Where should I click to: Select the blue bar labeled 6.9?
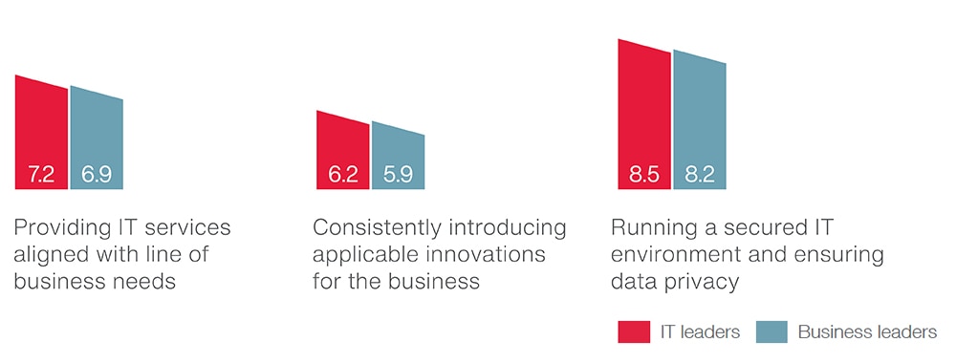(x=97, y=140)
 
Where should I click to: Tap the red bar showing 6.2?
(x=342, y=152)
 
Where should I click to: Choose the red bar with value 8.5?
(x=644, y=117)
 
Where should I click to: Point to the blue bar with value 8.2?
(x=700, y=122)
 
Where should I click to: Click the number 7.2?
(x=41, y=176)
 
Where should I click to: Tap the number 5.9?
(x=398, y=176)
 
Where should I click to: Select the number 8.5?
(x=644, y=176)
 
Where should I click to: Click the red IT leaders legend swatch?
(x=634, y=331)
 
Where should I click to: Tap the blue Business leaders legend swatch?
(x=771, y=331)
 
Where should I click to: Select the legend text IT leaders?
(x=700, y=331)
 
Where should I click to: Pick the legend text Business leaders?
(x=868, y=331)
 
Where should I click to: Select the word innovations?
(x=486, y=254)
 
